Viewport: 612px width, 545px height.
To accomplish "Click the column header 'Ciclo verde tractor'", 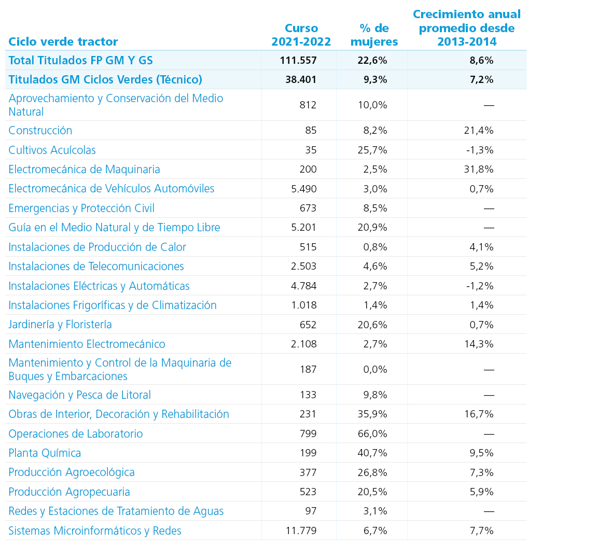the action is [63, 41].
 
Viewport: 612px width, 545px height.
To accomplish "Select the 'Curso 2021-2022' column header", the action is [301, 35].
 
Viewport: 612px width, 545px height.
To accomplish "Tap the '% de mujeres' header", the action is [374, 35].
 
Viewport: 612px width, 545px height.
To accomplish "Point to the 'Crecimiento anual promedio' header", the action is [467, 28].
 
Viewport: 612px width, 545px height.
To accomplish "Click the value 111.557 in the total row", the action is [298, 61].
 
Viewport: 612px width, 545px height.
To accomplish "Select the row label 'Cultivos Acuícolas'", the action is [52, 150].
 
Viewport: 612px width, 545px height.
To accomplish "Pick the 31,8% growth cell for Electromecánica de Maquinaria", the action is [479, 170].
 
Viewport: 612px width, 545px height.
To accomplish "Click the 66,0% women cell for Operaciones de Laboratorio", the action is [372, 434].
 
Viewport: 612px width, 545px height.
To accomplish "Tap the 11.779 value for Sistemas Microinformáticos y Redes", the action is [301, 530].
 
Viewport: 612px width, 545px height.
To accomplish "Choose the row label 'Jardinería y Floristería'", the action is [60, 325].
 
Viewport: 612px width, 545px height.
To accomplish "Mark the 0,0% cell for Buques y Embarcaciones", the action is [375, 369].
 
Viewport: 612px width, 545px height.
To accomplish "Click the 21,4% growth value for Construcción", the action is [479, 130].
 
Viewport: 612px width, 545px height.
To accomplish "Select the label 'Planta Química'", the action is [45, 453].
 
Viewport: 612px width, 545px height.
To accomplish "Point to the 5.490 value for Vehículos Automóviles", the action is [303, 189].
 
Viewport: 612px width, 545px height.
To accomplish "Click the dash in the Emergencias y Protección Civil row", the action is [489, 208].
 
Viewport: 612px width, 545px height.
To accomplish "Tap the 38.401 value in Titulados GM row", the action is [301, 79].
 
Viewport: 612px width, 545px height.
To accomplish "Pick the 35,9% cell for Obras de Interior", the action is [372, 414].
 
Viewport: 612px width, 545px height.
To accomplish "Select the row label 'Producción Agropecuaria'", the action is [69, 492].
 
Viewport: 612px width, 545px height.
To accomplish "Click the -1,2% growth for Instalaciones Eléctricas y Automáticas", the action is [480, 286].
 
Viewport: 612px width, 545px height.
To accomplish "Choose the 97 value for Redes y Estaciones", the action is [311, 511].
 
